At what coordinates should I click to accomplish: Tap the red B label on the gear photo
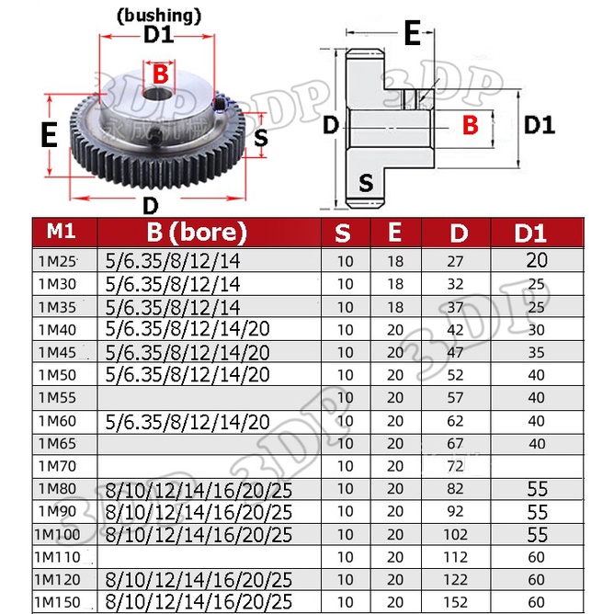(x=160, y=74)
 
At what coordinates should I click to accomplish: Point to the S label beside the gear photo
(x=261, y=138)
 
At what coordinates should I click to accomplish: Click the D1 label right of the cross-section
(x=540, y=125)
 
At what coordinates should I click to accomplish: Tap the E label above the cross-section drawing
(x=413, y=34)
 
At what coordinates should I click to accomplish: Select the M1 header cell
(x=63, y=231)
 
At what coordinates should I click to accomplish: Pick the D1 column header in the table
(x=537, y=232)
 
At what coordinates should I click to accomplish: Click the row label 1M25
(x=57, y=262)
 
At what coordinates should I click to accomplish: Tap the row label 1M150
(x=61, y=603)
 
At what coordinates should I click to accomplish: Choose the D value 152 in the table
(x=456, y=603)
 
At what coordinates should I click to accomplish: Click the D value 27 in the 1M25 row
(x=456, y=262)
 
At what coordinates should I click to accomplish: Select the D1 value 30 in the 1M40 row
(x=537, y=330)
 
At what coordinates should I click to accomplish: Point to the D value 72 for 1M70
(x=456, y=466)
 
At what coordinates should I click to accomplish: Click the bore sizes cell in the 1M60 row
(x=188, y=421)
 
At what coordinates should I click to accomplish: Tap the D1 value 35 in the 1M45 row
(x=537, y=353)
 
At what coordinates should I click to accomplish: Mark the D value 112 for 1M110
(x=456, y=557)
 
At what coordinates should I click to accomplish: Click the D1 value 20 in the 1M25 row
(x=537, y=261)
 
